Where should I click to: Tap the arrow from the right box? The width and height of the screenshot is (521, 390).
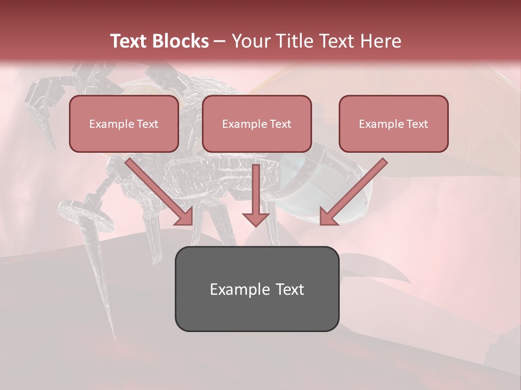tap(353, 192)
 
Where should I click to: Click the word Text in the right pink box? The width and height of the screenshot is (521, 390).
tap(417, 124)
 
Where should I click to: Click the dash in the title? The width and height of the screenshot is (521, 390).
tap(220, 42)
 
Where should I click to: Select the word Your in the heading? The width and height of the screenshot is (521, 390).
tap(251, 41)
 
